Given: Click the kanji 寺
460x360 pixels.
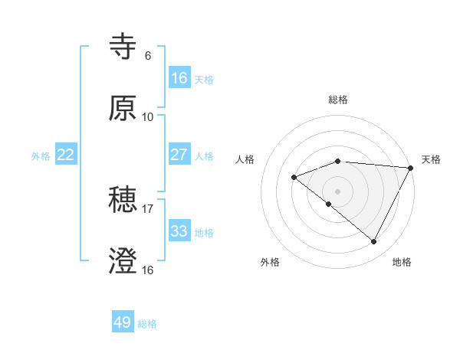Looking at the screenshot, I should (123, 47).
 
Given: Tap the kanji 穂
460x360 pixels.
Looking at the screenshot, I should (123, 200).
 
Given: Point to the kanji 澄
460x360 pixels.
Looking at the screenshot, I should (123, 261).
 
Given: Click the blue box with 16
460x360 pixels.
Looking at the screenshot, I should (179, 78).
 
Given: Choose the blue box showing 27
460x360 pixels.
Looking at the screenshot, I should (179, 155).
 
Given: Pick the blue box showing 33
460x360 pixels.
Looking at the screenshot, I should (179, 231).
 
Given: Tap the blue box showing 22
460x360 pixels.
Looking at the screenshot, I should (66, 155).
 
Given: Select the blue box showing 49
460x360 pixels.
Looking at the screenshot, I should (123, 322).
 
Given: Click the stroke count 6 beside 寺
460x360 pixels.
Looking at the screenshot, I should (147, 56).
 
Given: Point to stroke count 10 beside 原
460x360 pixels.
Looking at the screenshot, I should (147, 117).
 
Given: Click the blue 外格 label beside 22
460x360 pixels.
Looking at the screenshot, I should (41, 156).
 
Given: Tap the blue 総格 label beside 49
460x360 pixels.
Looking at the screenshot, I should (148, 324).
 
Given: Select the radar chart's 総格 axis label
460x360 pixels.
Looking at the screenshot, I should (338, 100).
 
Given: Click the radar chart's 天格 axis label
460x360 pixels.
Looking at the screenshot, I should (431, 159).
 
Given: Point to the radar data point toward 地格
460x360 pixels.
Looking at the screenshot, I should (374, 242).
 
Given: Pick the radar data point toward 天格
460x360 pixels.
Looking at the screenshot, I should (410, 168).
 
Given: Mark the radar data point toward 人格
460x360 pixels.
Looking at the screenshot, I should (294, 177).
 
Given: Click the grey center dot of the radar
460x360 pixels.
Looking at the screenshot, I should (337, 191).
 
